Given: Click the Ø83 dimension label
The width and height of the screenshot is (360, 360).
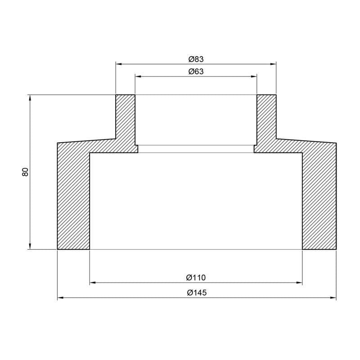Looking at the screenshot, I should [196, 59].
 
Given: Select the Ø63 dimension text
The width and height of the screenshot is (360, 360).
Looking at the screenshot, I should [196, 72].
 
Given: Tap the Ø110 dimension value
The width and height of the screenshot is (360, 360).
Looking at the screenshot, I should [196, 278].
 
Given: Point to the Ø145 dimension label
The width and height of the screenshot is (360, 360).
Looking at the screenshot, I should [196, 292].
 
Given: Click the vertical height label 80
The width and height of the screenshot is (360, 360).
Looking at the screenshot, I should [25, 171].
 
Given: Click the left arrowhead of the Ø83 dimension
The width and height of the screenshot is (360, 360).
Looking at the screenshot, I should [119, 64].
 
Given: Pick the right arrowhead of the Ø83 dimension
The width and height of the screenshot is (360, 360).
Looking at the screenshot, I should [273, 64].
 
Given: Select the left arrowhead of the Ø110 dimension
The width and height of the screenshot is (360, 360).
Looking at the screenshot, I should [93, 283].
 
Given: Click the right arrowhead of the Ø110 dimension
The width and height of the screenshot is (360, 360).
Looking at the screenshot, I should [299, 283].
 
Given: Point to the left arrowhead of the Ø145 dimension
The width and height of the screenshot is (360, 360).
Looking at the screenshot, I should [60, 298].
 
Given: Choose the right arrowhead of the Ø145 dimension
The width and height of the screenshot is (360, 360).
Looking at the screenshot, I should [333, 298].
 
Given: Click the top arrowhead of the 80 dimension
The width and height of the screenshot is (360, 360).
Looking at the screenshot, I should [30, 98].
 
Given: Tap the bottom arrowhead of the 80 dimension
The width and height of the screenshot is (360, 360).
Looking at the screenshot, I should [30, 246].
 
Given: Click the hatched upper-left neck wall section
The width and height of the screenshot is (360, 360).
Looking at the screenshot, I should [126, 119].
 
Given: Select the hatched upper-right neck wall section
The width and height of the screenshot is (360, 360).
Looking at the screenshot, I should [266, 119].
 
